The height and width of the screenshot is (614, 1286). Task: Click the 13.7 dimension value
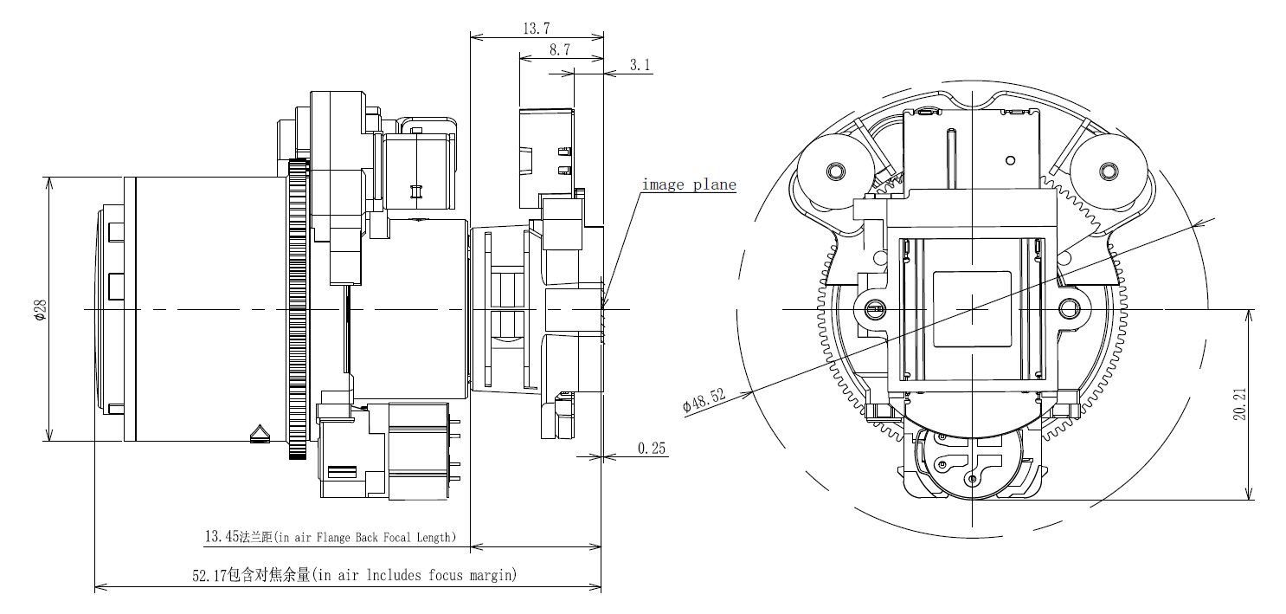coord(536,29)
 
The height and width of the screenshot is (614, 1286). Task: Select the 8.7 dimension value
coord(559,50)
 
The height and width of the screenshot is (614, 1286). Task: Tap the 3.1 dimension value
coord(640,65)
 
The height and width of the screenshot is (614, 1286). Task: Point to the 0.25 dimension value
coord(652,448)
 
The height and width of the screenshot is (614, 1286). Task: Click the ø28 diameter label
coord(39,309)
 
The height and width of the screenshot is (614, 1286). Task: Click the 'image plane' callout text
coord(688,184)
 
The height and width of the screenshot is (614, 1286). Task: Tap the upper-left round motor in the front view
coord(835,171)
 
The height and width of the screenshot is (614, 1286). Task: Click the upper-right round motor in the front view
coord(1109,171)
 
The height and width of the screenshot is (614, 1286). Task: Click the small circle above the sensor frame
coord(1010,160)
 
